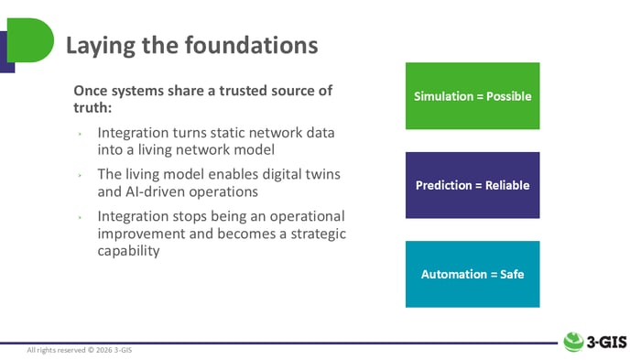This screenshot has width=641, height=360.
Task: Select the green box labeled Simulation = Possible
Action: pyautogui.click(x=473, y=95)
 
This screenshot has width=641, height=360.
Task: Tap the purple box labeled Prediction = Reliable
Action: pyautogui.click(x=473, y=184)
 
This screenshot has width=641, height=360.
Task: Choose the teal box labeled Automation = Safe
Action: pyautogui.click(x=473, y=274)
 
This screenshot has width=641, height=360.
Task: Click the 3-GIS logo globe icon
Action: pyautogui.click(x=574, y=340)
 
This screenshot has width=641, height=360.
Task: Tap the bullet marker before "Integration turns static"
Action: pyautogui.click(x=81, y=134)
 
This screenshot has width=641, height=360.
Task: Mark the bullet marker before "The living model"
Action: pyautogui.click(x=81, y=175)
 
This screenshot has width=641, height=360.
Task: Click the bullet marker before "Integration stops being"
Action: pyautogui.click(x=81, y=217)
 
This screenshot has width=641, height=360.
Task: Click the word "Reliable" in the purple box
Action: pyautogui.click(x=505, y=184)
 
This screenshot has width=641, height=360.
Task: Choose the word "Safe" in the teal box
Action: pyautogui.click(x=510, y=274)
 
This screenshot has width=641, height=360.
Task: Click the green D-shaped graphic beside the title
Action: pyautogui.click(x=27, y=41)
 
